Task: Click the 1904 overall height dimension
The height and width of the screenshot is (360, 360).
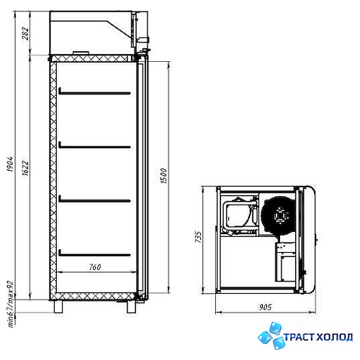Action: point(10,164)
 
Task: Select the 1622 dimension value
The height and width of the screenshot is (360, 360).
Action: point(25,168)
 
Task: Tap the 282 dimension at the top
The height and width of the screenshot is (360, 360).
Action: point(25,34)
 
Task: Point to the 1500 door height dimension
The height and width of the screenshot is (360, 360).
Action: point(163,176)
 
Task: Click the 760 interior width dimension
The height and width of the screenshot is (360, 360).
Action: point(95,267)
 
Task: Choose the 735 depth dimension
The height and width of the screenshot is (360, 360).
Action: point(198,237)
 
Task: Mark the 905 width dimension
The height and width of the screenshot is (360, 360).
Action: point(265,307)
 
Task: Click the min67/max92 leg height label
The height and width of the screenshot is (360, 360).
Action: point(11,304)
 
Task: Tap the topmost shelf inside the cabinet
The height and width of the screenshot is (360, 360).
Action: point(94,93)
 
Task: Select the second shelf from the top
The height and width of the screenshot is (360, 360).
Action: point(94,146)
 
